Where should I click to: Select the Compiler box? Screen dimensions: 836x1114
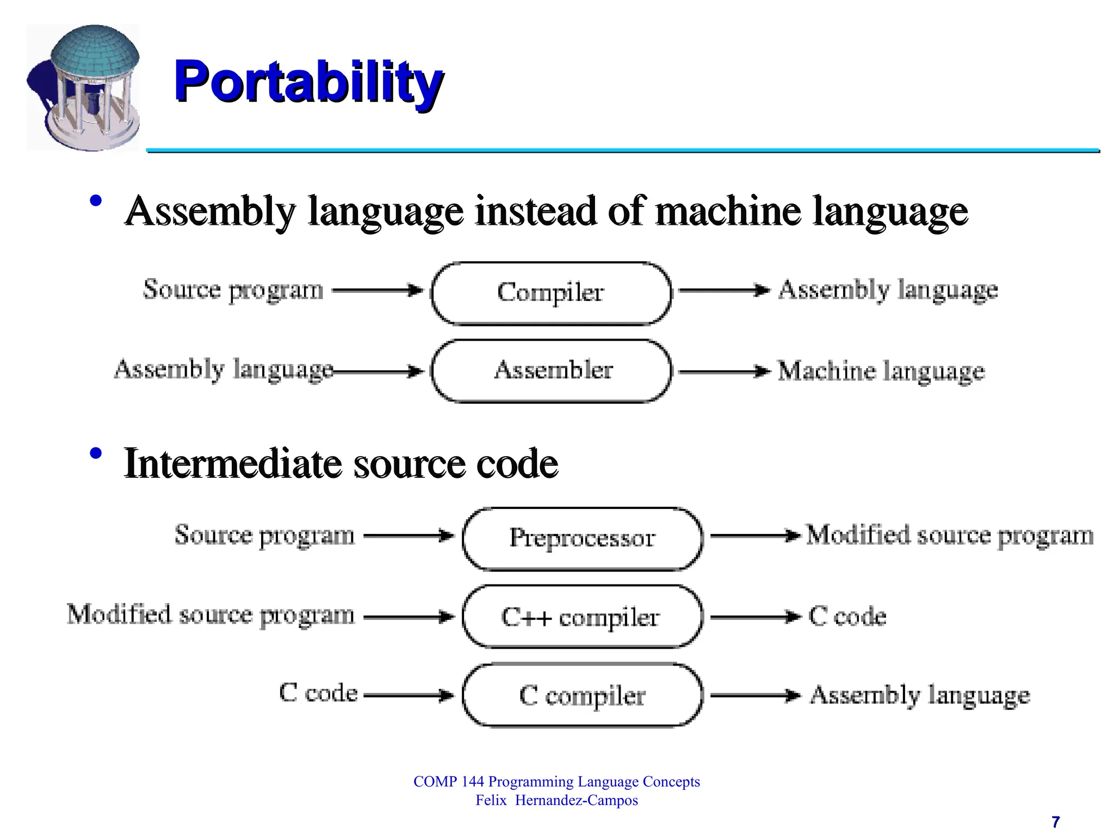[x=550, y=293]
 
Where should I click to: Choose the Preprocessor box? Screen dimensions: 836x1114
[x=582, y=538]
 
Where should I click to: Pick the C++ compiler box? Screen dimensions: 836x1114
[x=582, y=617]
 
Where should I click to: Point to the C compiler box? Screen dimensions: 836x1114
[x=582, y=695]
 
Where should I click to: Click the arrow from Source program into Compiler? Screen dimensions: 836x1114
[x=377, y=290]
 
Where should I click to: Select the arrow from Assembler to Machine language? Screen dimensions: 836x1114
[x=724, y=372]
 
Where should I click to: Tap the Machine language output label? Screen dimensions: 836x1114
[x=881, y=371]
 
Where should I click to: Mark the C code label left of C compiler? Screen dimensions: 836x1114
[x=318, y=693]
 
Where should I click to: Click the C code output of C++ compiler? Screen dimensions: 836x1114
[x=847, y=616]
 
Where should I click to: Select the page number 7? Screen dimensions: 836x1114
[x=1055, y=821]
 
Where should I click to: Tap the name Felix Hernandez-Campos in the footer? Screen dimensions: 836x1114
[x=556, y=800]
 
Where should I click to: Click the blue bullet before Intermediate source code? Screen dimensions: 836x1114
[x=96, y=453]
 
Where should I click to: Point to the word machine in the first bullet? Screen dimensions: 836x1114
[x=728, y=211]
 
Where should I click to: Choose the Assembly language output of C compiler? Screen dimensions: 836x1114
[x=920, y=695]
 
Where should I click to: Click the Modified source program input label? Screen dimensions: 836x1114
[x=211, y=615]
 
